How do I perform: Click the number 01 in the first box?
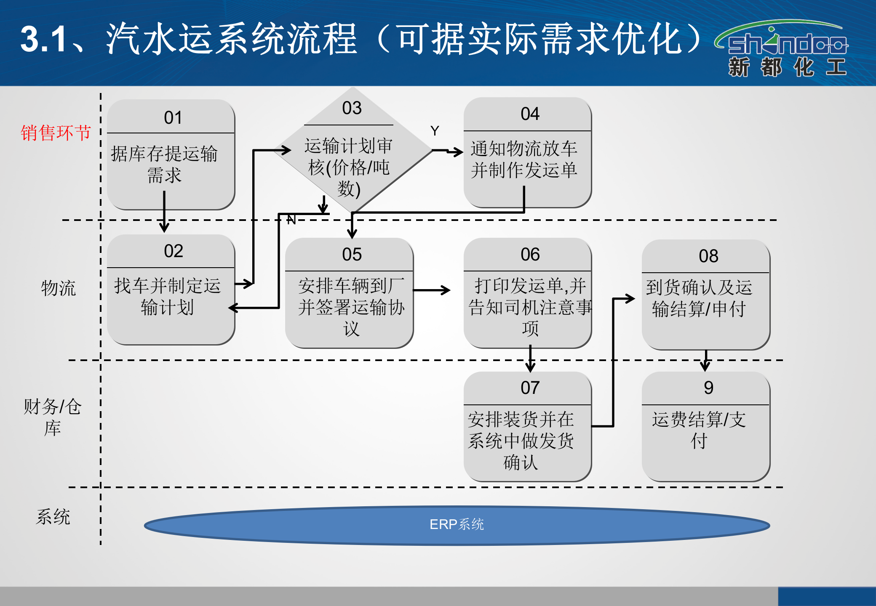(x=173, y=118)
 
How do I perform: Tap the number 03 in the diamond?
(x=352, y=108)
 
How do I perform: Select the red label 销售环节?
(x=56, y=133)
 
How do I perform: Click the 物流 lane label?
(x=58, y=288)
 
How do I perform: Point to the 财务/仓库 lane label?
(x=52, y=417)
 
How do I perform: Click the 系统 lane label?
(x=53, y=517)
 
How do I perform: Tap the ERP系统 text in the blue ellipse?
(x=457, y=524)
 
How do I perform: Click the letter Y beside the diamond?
(x=435, y=131)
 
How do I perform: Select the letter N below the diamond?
(x=291, y=220)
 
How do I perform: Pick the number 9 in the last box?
(x=708, y=388)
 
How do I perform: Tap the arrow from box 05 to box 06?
(x=432, y=290)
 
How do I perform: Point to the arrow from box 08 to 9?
(x=705, y=361)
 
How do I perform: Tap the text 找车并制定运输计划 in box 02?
(x=167, y=297)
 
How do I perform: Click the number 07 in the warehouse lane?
(x=530, y=388)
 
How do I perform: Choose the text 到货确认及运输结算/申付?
(x=699, y=298)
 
